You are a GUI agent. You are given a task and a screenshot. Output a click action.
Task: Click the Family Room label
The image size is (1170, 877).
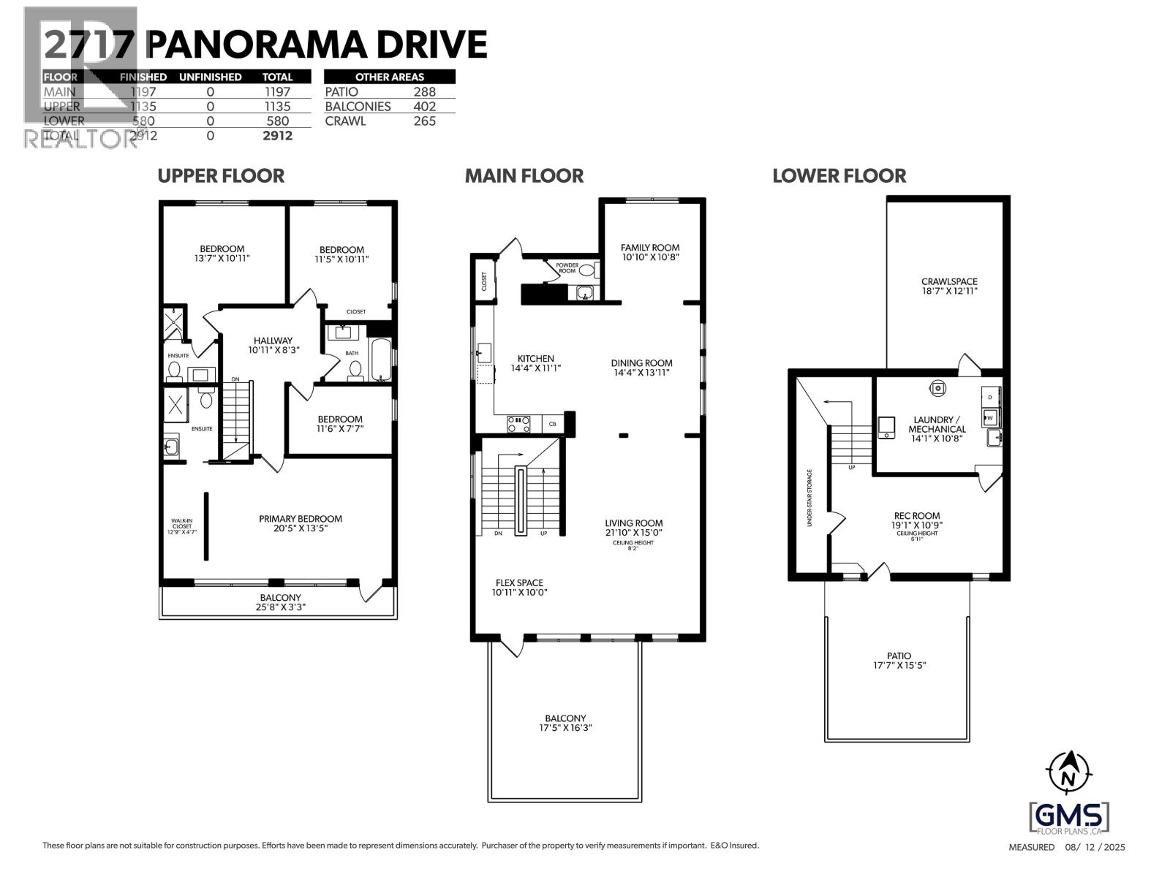tap(650, 248)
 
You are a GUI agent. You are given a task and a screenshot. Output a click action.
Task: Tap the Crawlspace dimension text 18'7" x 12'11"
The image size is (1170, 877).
tap(949, 291)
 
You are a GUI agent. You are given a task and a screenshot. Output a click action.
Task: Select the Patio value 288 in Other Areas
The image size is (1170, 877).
tap(424, 92)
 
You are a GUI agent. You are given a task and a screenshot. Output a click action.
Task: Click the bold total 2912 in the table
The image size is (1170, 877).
tap(278, 136)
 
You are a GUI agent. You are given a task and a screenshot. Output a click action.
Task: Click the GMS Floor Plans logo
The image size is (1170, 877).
tap(1069, 817)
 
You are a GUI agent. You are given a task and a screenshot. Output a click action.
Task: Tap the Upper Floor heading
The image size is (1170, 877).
tap(221, 176)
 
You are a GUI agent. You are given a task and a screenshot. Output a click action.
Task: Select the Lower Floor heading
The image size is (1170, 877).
tap(839, 176)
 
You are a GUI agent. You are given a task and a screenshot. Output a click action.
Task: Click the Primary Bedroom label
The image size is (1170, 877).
tap(301, 519)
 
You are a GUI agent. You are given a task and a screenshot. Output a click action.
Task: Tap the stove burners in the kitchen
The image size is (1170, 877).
tap(518, 422)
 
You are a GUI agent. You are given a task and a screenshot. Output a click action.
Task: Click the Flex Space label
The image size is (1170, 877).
tap(519, 583)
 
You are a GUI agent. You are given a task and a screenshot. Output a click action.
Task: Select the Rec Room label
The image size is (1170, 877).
tap(916, 516)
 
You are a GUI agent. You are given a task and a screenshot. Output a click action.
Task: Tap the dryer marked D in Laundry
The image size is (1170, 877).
tap(990, 397)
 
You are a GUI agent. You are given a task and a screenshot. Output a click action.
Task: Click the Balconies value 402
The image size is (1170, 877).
tap(424, 107)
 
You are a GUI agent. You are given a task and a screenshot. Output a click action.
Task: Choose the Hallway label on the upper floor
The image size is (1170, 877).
tap(273, 341)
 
